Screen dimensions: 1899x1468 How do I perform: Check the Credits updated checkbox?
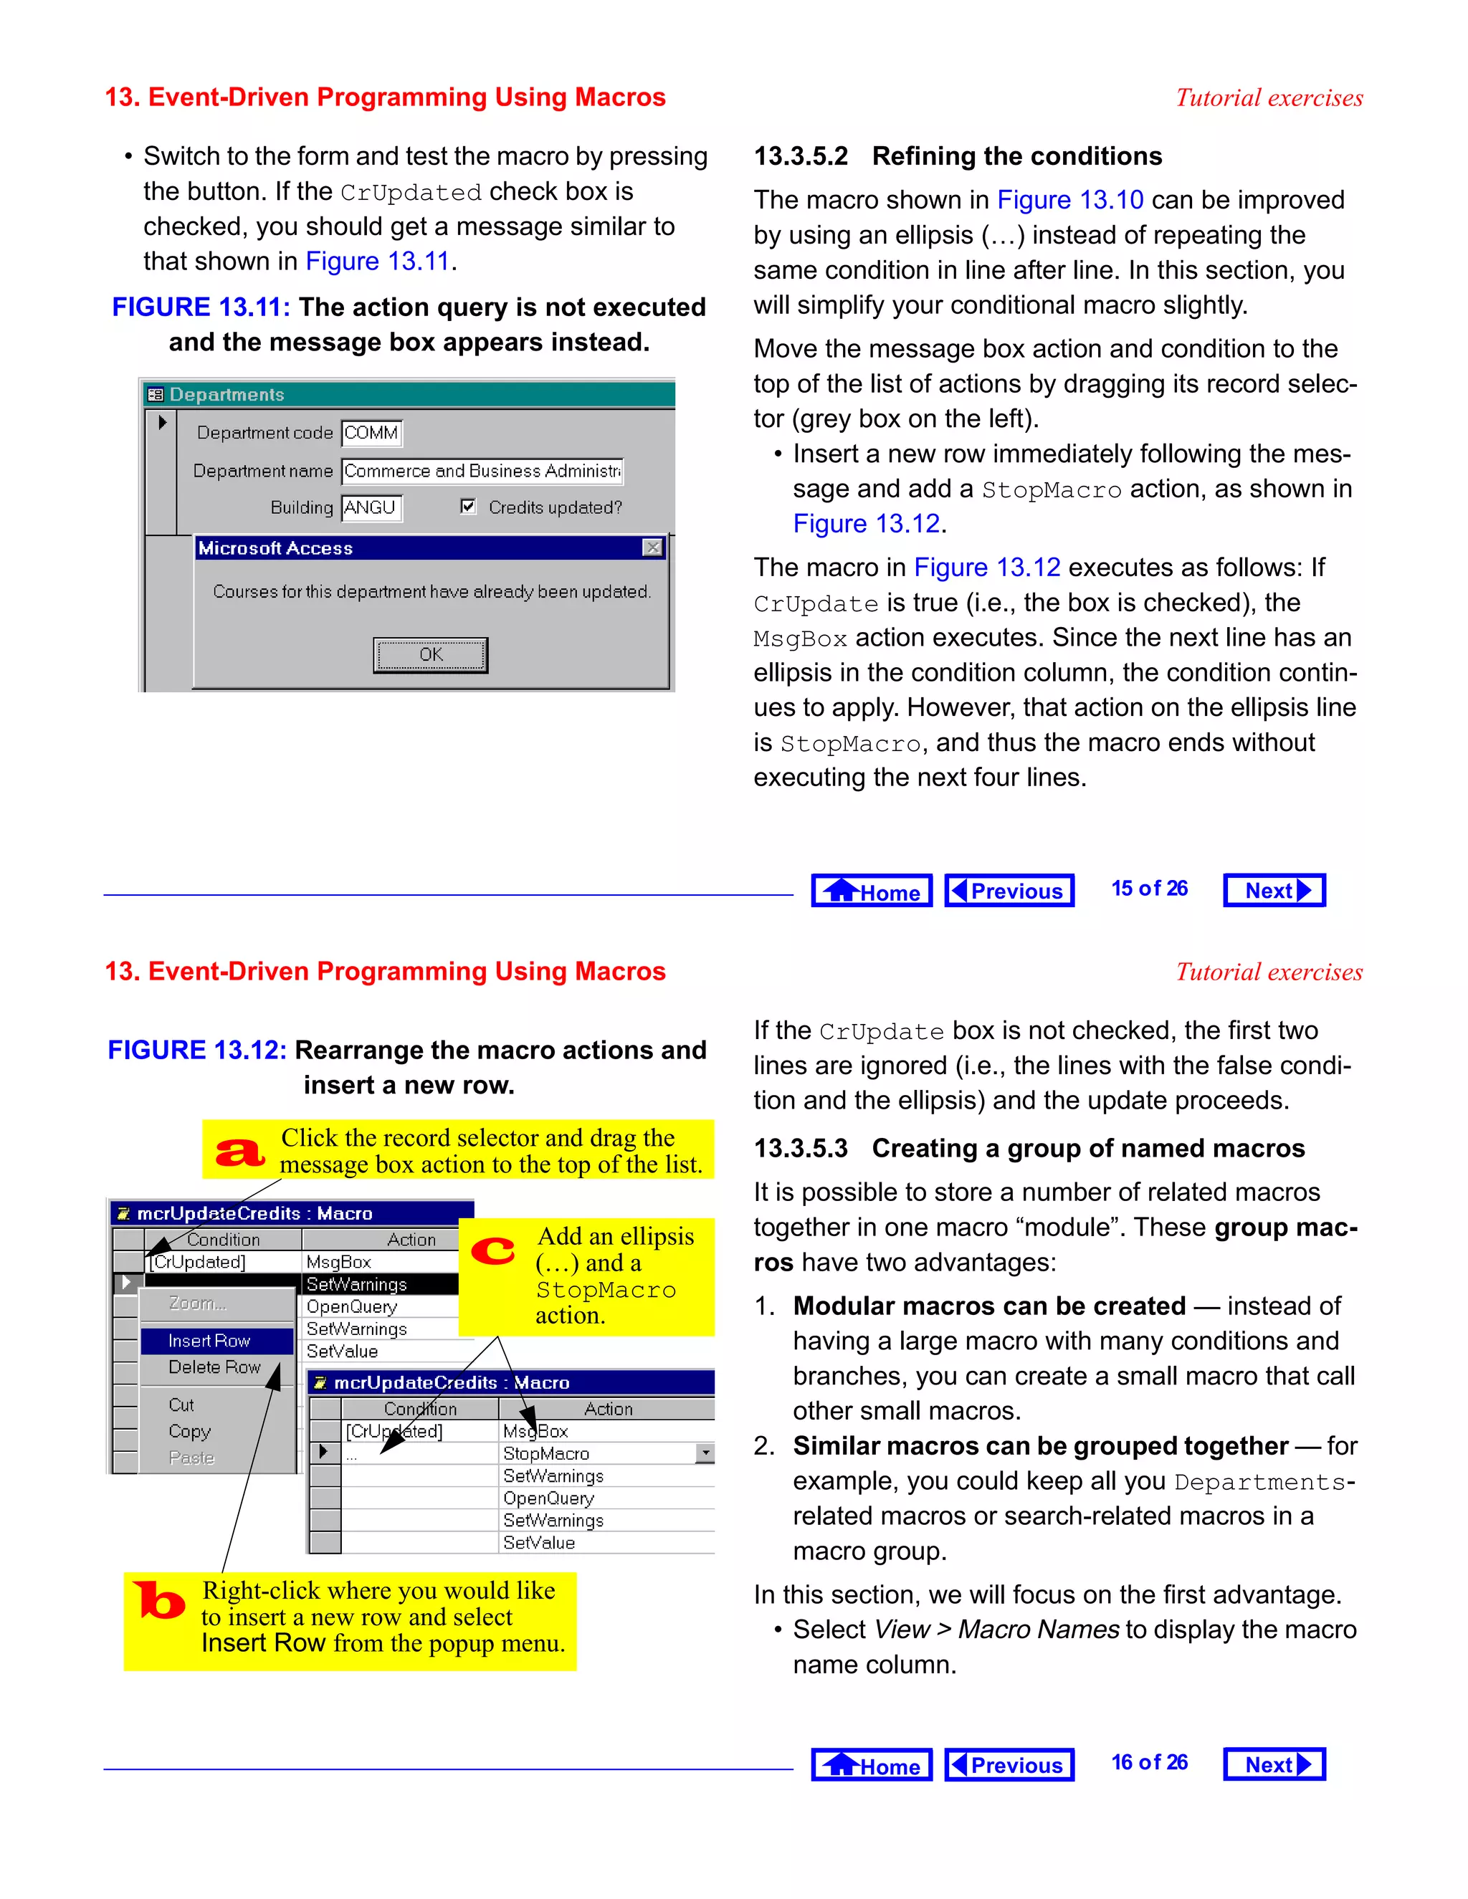468,506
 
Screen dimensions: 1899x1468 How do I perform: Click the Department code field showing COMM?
371,432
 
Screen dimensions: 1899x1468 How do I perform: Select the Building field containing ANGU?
371,507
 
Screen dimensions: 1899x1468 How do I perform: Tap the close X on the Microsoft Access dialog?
652,547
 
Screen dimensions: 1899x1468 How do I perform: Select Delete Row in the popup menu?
214,1367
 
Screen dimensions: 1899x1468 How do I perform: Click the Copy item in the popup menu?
189,1431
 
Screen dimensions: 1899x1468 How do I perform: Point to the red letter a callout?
240,1152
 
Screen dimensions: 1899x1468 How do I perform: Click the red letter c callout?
493,1251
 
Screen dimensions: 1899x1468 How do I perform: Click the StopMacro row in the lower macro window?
546,1453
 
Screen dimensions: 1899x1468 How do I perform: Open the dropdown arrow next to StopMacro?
705,1453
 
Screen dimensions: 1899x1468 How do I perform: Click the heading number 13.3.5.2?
800,156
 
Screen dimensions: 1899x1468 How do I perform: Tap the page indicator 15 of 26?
1149,889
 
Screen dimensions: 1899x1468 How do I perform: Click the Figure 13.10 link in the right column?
1069,200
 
